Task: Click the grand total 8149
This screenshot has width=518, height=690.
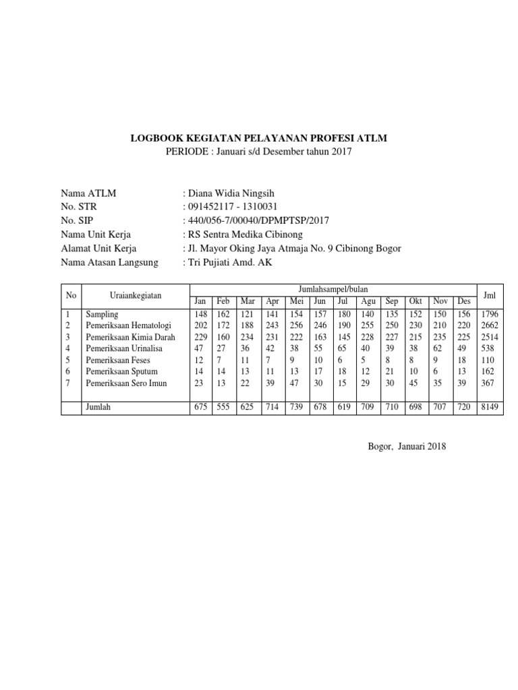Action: tap(490, 408)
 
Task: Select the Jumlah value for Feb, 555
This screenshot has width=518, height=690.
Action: tap(224, 408)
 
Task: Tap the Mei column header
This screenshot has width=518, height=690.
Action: tap(296, 301)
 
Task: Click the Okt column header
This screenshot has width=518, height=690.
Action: tap(416, 301)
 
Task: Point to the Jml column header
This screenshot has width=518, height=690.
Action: tap(490, 294)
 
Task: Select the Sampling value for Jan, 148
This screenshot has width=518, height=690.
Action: tap(200, 314)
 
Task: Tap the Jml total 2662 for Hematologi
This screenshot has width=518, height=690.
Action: tap(490, 325)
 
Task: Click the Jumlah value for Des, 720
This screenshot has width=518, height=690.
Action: tap(464, 408)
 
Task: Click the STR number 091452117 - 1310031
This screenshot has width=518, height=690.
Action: tap(230, 207)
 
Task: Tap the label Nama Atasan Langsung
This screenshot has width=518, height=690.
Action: tap(109, 263)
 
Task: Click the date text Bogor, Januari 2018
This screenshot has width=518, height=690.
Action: tap(407, 445)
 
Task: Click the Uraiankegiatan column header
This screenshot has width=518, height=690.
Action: tap(135, 295)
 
